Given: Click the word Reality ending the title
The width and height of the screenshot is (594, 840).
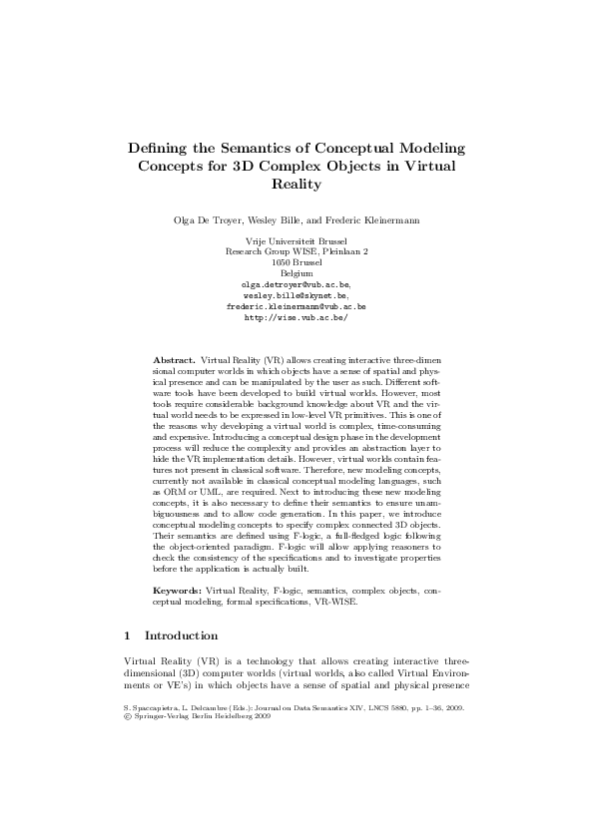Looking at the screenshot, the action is tap(297, 185).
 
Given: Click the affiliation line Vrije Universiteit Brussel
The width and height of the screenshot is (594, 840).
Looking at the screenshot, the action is tap(297, 241).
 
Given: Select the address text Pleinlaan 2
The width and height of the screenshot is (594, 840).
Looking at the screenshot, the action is tap(344, 252).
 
